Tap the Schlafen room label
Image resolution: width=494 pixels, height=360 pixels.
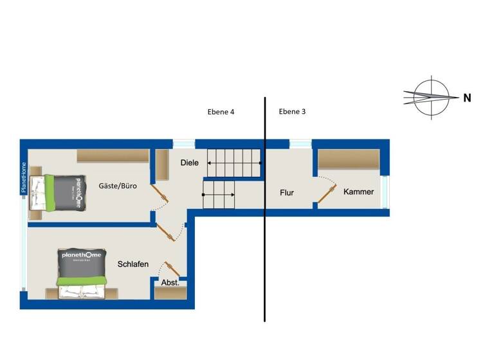pos(133,264)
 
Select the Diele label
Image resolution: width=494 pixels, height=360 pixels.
pos(190,163)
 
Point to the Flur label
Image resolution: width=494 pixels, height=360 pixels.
pos(287,192)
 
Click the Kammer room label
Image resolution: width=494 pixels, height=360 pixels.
pos(358,192)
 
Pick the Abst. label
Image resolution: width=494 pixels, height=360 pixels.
pos(170,282)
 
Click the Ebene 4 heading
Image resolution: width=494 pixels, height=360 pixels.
pos(221,111)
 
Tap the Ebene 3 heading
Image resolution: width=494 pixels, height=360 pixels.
pos(292,111)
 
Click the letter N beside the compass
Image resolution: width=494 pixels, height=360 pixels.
pos(467,98)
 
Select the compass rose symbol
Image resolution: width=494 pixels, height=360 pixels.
pos(429,98)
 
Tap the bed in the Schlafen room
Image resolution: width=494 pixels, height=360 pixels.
pos(81,273)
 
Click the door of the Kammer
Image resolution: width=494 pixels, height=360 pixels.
pos(327,194)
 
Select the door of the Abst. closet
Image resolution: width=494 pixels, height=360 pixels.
pos(172,269)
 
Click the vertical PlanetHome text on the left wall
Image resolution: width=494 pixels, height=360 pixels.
pos(23,177)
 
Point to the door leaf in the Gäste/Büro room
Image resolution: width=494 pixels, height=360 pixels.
pos(159,193)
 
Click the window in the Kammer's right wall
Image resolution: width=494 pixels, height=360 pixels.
pos(385,192)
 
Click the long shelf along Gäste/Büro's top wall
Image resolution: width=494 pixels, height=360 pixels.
pos(113,156)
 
